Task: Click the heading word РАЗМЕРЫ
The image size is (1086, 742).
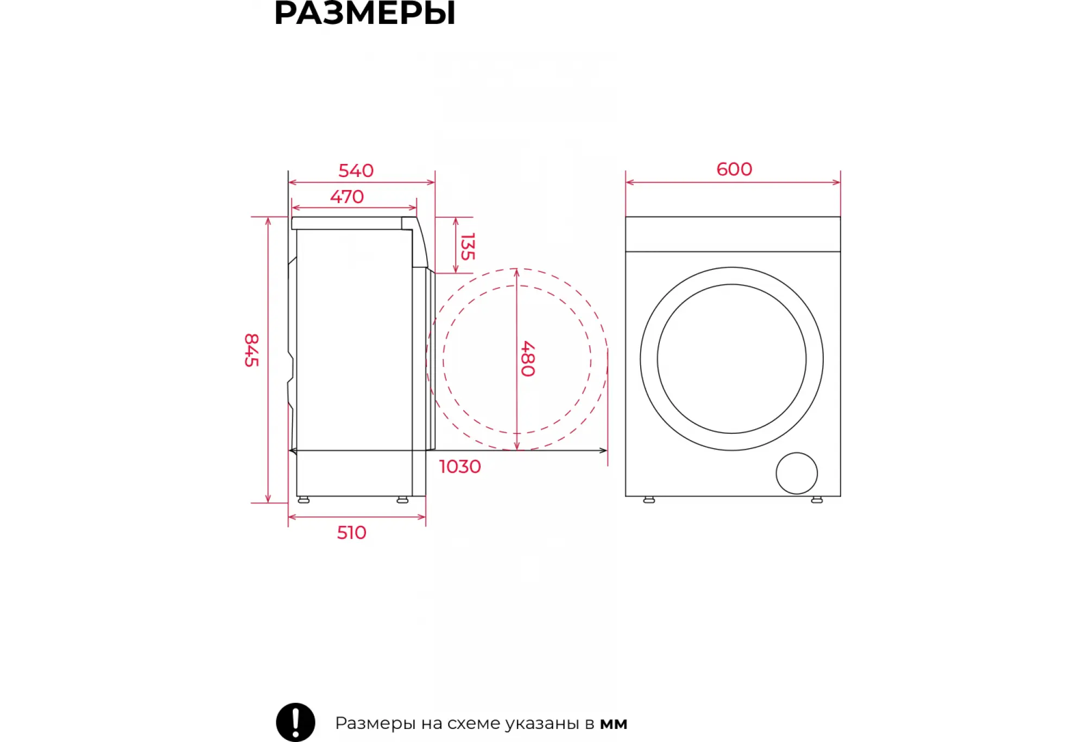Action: tap(365, 13)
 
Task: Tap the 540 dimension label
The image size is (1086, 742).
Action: tap(356, 170)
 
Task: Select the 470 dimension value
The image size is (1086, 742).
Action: tap(347, 196)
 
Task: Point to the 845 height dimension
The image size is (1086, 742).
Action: tap(251, 350)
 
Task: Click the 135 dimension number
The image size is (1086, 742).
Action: tap(468, 246)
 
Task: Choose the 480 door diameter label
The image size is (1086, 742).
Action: tap(528, 359)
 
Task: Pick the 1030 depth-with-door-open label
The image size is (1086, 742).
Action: tap(460, 467)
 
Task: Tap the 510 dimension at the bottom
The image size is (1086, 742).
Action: tap(351, 532)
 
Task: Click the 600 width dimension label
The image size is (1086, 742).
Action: tap(734, 169)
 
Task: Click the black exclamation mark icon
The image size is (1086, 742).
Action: tap(295, 722)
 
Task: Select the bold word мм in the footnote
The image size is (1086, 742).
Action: tap(614, 724)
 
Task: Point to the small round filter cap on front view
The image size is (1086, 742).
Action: tap(797, 473)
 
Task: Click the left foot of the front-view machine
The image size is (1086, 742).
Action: tap(649, 499)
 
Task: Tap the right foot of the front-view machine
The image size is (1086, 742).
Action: tap(817, 499)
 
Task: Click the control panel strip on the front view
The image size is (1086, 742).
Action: tap(733, 234)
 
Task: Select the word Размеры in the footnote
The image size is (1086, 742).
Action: tap(375, 724)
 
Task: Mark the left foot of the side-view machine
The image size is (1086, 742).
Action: tap(304, 499)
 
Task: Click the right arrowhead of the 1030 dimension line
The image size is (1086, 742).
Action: tap(604, 451)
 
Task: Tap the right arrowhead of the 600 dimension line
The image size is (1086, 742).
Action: tap(837, 182)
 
